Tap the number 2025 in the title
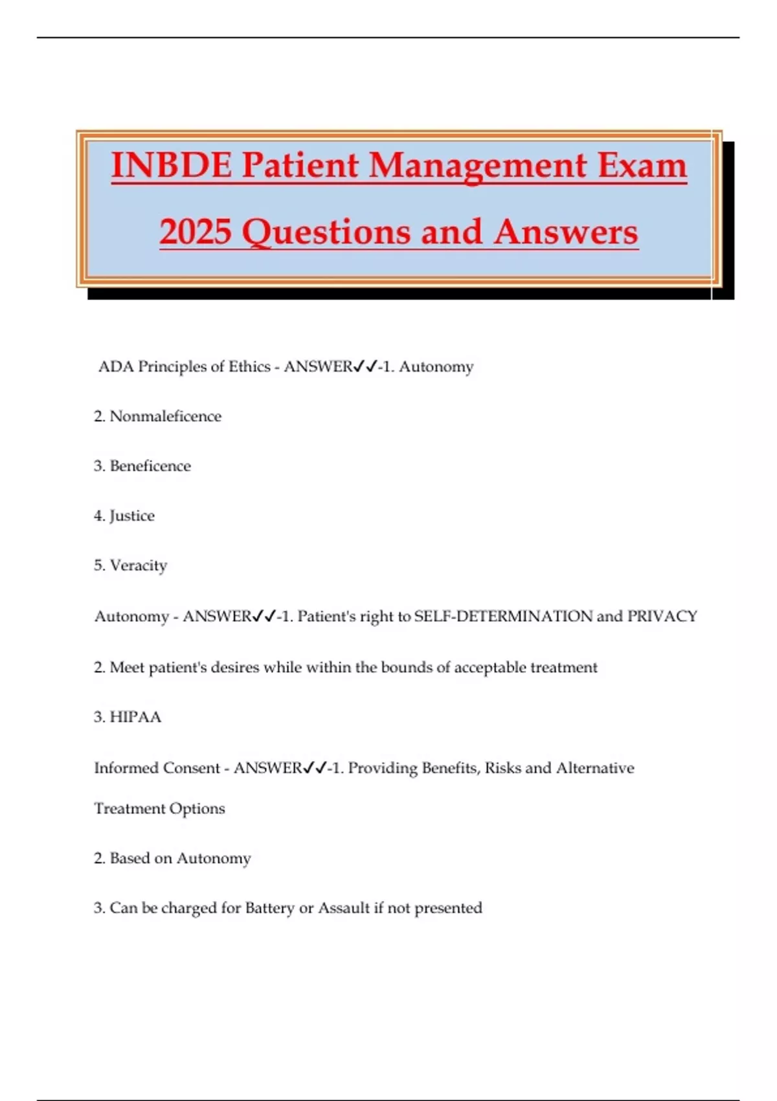pos(196,232)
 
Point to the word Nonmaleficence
pos(166,416)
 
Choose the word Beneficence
pos(150,466)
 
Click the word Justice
pos(132,516)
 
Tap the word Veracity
pos(139,565)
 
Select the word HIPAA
pos(135,717)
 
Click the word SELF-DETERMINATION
pos(503,616)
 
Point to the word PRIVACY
pos(662,616)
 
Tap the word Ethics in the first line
pos(249,367)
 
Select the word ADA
pos(116,367)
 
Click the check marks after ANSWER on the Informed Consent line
pos(315,768)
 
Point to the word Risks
pos(503,768)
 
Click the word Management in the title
pos(478,165)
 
